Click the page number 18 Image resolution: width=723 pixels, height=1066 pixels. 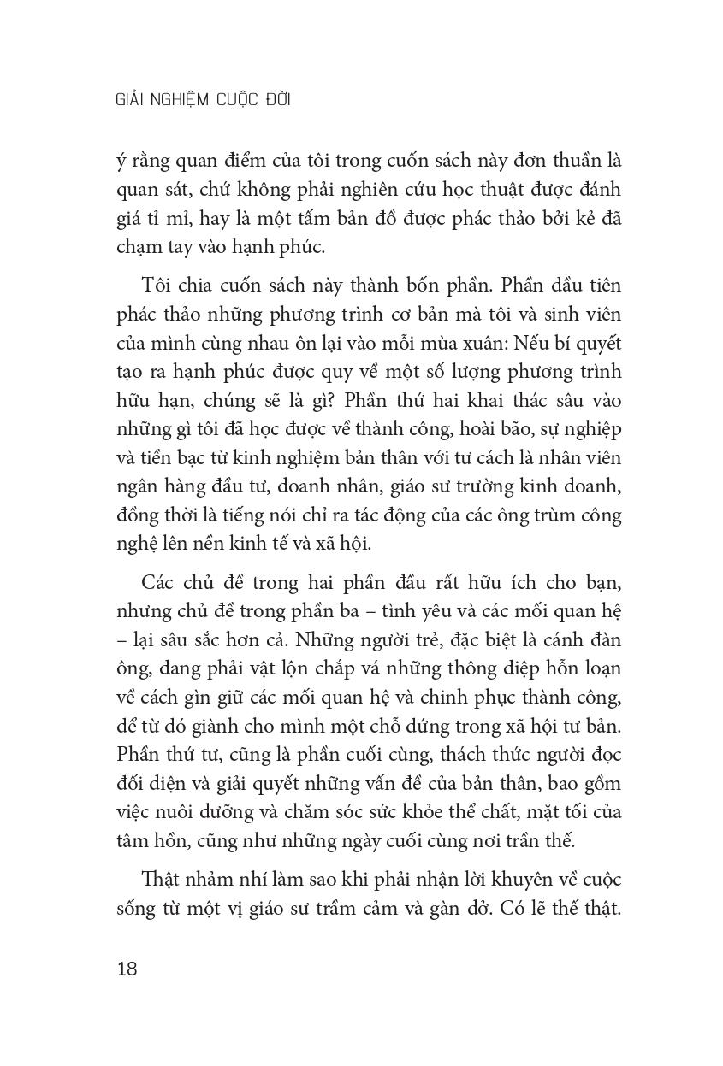point(126,969)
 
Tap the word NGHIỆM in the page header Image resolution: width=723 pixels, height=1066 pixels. point(187,100)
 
